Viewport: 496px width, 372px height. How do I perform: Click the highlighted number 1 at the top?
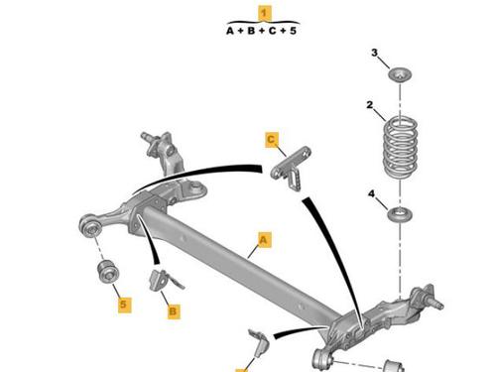(264, 14)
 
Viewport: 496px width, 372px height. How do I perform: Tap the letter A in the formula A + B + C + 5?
(230, 31)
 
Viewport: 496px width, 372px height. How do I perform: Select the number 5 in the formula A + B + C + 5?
(293, 31)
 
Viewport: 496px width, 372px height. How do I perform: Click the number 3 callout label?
(374, 53)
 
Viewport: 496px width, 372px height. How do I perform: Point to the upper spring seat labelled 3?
(400, 74)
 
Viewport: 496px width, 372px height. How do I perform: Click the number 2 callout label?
(370, 105)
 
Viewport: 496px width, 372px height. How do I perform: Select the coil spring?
(400, 149)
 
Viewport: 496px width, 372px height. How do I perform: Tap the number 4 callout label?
(372, 193)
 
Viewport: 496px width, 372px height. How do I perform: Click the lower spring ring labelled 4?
(400, 214)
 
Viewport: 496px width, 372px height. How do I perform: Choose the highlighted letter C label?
(272, 140)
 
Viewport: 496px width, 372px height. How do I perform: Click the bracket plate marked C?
(291, 169)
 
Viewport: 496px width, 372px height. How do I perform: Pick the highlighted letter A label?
(264, 239)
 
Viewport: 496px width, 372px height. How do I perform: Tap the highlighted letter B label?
(174, 311)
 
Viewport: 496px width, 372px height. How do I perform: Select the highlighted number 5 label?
(124, 305)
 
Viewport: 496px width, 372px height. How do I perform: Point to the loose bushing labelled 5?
(108, 272)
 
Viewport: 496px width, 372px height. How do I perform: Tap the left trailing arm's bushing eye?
(90, 226)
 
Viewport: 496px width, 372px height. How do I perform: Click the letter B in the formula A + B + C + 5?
(251, 31)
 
